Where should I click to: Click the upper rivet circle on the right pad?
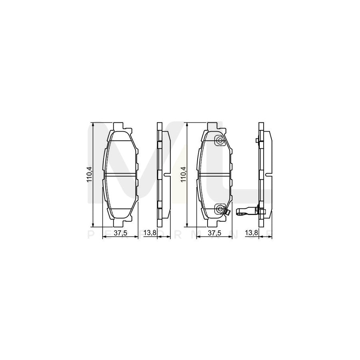pos(219,141)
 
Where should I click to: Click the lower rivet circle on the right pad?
pos(219,208)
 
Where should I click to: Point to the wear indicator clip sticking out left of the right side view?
pos(246,212)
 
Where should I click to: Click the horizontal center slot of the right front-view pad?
pos(215,174)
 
